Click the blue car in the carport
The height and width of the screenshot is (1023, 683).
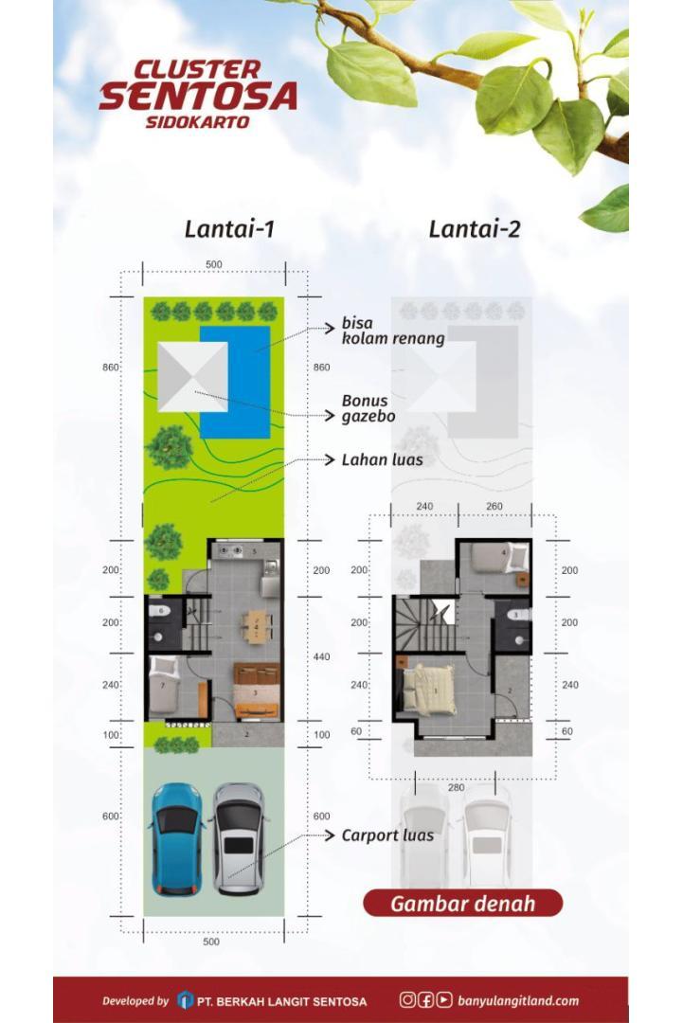tap(177, 838)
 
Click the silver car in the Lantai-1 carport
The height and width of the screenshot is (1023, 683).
tap(239, 838)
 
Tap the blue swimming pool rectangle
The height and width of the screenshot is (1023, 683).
tap(235, 383)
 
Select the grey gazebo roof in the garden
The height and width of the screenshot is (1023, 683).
tap(192, 376)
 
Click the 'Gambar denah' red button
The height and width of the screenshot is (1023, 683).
tap(462, 904)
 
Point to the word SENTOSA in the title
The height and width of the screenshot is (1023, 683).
tap(198, 97)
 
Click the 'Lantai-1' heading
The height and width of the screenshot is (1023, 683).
tap(229, 229)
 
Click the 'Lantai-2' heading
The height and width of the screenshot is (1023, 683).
tap(475, 229)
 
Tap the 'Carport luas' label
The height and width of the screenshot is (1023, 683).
tap(387, 835)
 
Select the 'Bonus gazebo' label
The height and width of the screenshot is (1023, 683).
tap(368, 408)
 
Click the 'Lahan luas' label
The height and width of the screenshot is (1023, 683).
tap(383, 460)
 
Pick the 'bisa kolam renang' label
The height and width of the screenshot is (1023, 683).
tap(393, 331)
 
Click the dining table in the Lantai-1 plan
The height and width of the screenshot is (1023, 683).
tap(257, 627)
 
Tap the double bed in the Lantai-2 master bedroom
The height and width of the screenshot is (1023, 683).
tap(429, 690)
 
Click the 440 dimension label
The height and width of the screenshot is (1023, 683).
tap(321, 657)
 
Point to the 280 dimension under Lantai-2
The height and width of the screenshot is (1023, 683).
tap(456, 787)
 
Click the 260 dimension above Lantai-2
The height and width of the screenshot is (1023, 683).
tap(494, 506)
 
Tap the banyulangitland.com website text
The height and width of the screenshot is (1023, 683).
tap(518, 1000)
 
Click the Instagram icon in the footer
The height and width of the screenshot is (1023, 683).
tap(407, 999)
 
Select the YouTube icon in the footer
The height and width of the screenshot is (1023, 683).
tap(444, 999)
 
